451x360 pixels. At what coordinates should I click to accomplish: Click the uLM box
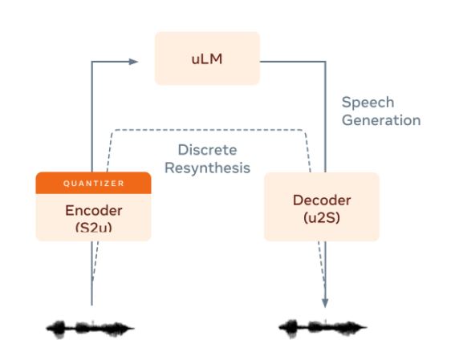pos(207,59)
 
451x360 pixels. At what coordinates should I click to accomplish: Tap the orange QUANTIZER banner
pos(93,183)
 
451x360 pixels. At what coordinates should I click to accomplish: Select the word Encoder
pos(94,211)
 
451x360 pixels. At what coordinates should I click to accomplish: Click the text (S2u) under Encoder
pos(94,227)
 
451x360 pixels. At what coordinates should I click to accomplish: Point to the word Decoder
pos(322,200)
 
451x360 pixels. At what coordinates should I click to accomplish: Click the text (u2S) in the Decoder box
pos(322,217)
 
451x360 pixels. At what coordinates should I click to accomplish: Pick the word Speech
pos(368,103)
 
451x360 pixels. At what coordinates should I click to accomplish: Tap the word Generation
pos(381,119)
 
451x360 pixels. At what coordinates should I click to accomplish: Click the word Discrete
pos(207,150)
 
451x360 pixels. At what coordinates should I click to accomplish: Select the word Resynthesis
pos(207,168)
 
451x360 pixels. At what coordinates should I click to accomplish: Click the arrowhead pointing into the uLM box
pos(133,62)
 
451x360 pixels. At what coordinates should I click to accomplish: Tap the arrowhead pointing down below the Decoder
pos(325,303)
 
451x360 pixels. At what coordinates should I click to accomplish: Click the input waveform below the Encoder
pos(90,329)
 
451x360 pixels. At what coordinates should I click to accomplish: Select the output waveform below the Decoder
pos(323,329)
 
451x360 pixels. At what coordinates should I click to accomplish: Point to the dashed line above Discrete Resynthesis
pos(209,130)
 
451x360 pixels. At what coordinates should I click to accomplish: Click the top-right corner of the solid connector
pos(325,62)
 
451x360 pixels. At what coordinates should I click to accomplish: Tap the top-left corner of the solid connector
pos(91,62)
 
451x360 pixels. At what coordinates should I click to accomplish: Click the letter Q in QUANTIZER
pos(66,184)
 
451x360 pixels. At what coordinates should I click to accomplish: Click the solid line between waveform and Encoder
pos(91,273)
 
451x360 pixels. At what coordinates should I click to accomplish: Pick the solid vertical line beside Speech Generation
pos(325,117)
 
